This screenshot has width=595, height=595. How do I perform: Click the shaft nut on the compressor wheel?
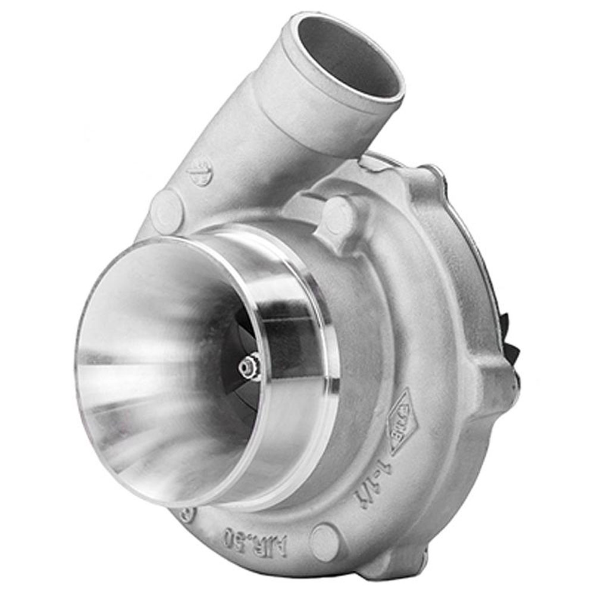pos(248,365)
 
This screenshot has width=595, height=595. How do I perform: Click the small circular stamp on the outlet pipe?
pos(200,174)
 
